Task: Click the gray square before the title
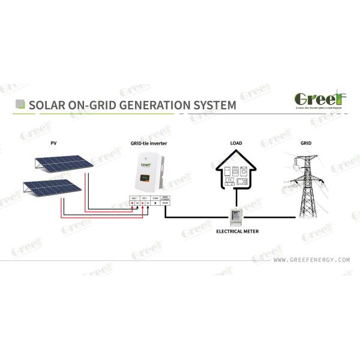pyautogui.click(x=20, y=104)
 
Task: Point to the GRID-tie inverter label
pyautogui.click(x=149, y=144)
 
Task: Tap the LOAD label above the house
pyautogui.click(x=236, y=144)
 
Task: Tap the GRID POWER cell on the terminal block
pyautogui.click(x=166, y=197)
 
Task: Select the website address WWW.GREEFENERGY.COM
pyautogui.click(x=311, y=260)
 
